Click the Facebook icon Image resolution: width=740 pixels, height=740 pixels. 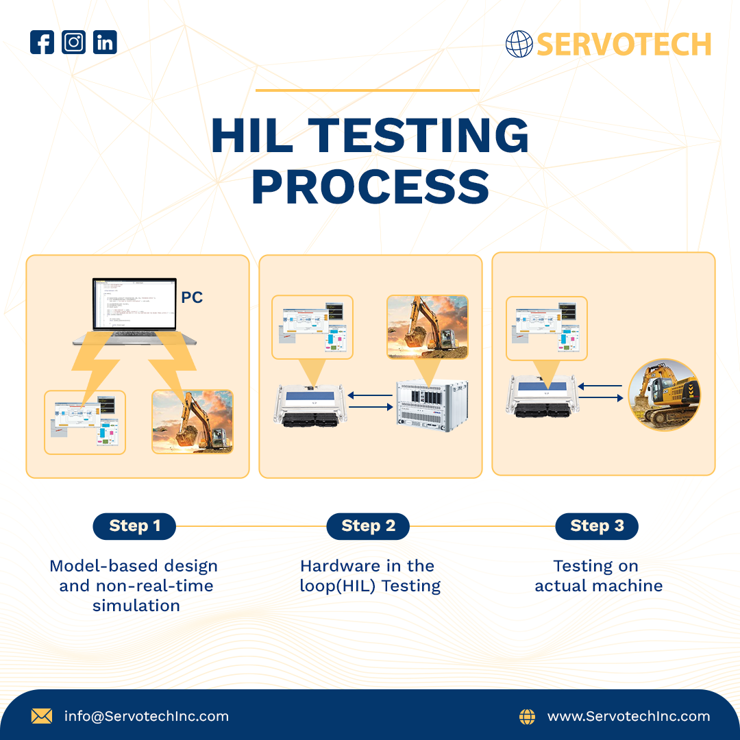pos(42,42)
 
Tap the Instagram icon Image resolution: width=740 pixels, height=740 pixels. pos(73,42)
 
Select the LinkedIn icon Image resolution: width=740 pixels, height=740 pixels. pos(105,42)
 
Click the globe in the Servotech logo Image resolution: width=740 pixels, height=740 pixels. pos(519,44)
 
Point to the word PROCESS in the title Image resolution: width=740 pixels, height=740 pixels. pos(370,187)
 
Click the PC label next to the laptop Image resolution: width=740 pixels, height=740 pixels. pos(192,298)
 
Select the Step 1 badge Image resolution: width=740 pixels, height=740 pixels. pos(134,526)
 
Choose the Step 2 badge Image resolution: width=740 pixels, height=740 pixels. pos(368,526)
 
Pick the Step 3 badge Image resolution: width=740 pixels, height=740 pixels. pos(596,526)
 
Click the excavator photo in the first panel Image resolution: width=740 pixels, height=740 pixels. pos(193,421)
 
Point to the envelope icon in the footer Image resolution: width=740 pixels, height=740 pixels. pos(42,717)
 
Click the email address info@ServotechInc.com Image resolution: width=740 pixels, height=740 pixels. pos(147,717)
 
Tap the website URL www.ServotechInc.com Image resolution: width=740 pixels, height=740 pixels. pos(628,717)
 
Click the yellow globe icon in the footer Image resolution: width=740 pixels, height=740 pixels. pos(527,717)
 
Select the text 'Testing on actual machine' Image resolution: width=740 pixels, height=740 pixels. pos(598,576)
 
